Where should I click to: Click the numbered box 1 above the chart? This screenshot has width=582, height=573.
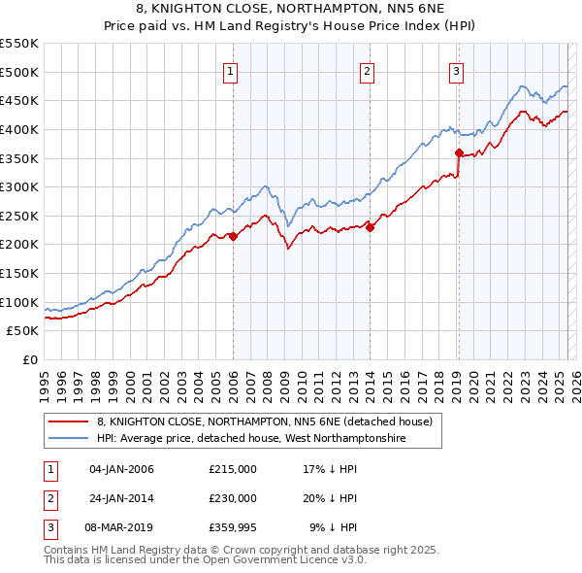tap(232, 70)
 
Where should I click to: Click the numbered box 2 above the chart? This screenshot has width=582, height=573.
tap(369, 70)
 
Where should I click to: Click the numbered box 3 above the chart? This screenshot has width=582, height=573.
tap(456, 70)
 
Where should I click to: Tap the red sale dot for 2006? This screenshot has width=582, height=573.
tap(233, 235)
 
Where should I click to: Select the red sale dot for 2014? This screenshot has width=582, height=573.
tap(371, 227)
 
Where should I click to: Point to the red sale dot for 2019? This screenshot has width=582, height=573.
tap(459, 152)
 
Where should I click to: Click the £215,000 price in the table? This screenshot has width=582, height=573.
tap(232, 469)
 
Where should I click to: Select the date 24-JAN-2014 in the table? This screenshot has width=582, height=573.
tap(121, 498)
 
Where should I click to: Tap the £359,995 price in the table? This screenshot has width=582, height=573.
tap(232, 527)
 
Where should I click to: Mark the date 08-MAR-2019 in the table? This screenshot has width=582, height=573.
tap(121, 527)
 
